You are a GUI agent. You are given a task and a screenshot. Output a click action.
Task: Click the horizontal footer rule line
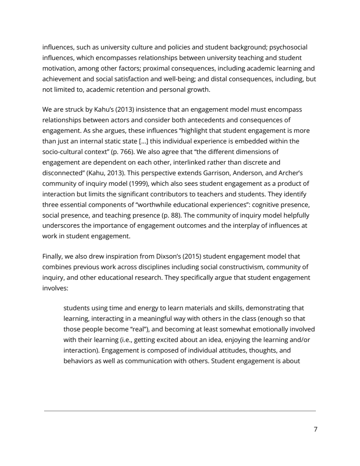180,411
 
